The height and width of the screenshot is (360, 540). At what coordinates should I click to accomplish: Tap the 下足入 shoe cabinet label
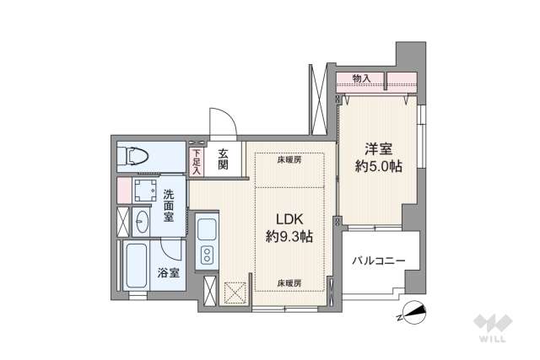[x=196, y=162]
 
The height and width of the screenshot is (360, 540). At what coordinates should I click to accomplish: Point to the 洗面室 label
[x=170, y=203]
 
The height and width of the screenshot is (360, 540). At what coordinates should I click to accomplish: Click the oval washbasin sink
[x=142, y=223]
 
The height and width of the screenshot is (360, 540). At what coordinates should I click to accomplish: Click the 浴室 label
[x=170, y=272]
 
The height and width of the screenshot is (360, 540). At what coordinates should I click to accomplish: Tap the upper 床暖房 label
[x=289, y=159]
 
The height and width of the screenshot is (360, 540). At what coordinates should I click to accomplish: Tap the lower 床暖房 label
[x=289, y=283]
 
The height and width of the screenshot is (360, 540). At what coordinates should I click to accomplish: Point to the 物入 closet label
[x=362, y=78]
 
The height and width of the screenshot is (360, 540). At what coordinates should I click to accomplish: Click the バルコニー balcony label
[x=379, y=261]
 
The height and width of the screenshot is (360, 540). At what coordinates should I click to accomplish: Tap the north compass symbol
[x=413, y=313]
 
